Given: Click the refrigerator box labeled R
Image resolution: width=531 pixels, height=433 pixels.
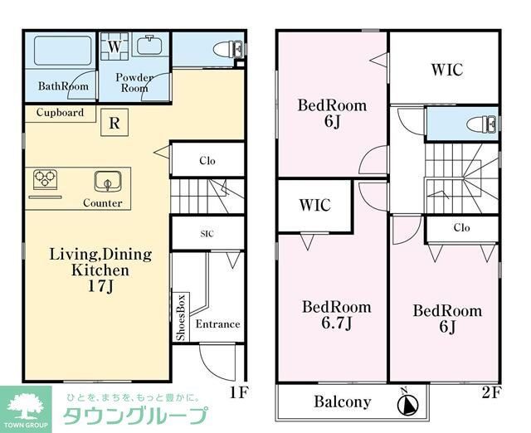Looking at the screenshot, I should coord(114,125).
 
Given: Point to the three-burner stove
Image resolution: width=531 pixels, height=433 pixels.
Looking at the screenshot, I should coord(45,180).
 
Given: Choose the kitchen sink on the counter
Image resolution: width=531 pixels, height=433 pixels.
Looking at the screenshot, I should coord(107,181).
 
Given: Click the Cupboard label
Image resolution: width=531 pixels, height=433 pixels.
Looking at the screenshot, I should coord(60,112).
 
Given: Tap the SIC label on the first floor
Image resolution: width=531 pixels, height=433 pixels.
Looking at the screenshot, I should coord(207,234).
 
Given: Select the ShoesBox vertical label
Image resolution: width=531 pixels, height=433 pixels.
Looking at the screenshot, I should coord(180,317).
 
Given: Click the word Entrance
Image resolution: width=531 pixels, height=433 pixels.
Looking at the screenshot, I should coord(217,324).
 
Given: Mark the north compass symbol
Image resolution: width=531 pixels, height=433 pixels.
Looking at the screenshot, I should coord(407,404).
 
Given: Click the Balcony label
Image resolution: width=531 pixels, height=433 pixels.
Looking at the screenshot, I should coord(342,403).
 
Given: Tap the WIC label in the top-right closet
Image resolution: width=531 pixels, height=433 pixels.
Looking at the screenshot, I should coord(446,70).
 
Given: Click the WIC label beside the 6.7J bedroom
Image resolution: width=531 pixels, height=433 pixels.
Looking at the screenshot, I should coord(314,205).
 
